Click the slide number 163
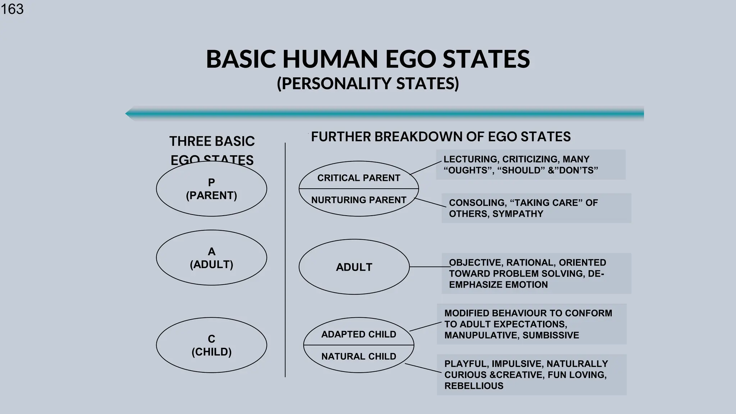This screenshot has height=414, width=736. pyautogui.click(x=12, y=9)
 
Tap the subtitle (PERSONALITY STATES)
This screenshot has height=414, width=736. pyautogui.click(x=368, y=83)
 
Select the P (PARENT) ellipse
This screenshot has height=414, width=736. pyautogui.click(x=211, y=189)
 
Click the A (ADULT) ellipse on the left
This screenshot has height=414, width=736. pyautogui.click(x=211, y=258)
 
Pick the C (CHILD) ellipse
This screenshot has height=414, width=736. pyautogui.click(x=211, y=345)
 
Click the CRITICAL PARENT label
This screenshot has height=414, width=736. pyautogui.click(x=358, y=178)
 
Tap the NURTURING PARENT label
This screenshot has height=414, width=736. pyautogui.click(x=358, y=200)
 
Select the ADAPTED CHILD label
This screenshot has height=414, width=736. pyautogui.click(x=358, y=334)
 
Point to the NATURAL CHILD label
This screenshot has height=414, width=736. pyautogui.click(x=358, y=356)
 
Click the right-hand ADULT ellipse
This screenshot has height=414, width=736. pyautogui.click(x=354, y=267)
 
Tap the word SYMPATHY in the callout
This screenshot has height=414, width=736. pyautogui.click(x=517, y=214)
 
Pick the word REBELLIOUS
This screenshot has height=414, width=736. pyautogui.click(x=474, y=386)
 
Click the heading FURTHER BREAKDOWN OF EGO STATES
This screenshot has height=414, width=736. pyautogui.click(x=441, y=137)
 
